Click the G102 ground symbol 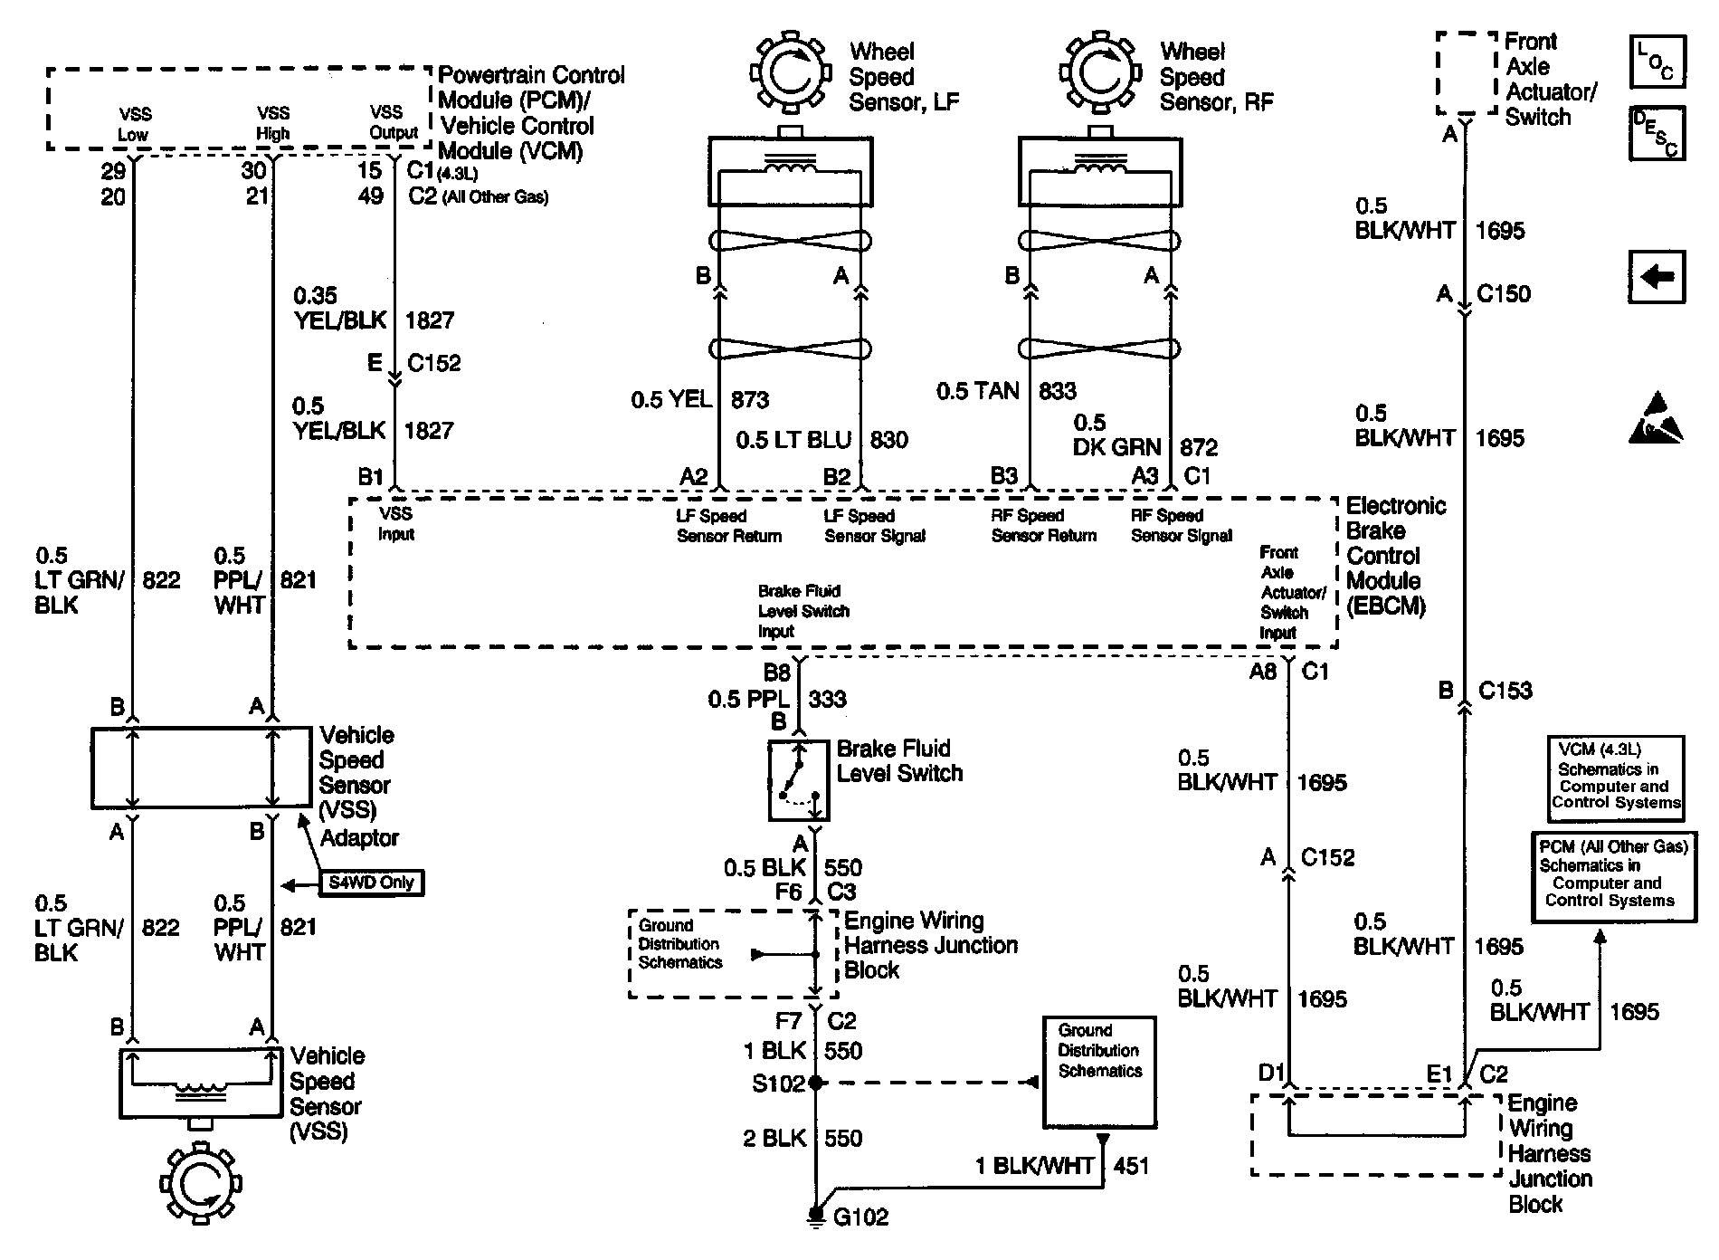(815, 1215)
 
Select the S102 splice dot (815, 1082)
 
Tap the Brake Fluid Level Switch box (799, 780)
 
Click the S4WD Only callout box (372, 883)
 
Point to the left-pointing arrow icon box (1657, 276)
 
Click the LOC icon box (1657, 62)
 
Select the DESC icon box (1657, 134)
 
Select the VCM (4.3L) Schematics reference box (1616, 778)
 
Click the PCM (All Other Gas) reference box (1614, 875)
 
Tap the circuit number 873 (749, 399)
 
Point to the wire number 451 (1131, 1166)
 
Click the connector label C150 (1504, 294)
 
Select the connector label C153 (1505, 691)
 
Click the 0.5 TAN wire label (977, 391)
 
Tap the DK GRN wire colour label (1116, 447)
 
